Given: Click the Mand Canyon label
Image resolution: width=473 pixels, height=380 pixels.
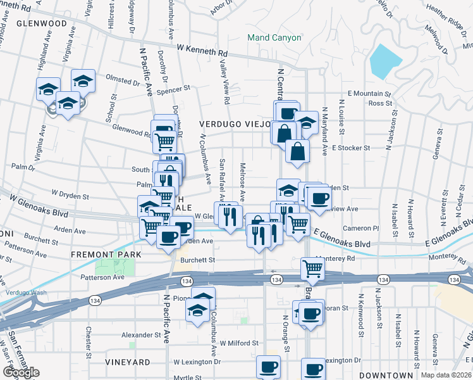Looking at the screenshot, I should (274, 38).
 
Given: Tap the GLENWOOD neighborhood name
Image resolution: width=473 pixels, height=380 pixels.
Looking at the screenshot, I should (42, 23).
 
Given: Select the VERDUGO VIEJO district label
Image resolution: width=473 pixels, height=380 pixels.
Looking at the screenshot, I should (235, 123).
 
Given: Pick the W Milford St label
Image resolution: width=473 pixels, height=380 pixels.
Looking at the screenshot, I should (239, 343).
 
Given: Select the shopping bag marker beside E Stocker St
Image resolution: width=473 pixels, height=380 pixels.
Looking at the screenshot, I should (297, 152).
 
